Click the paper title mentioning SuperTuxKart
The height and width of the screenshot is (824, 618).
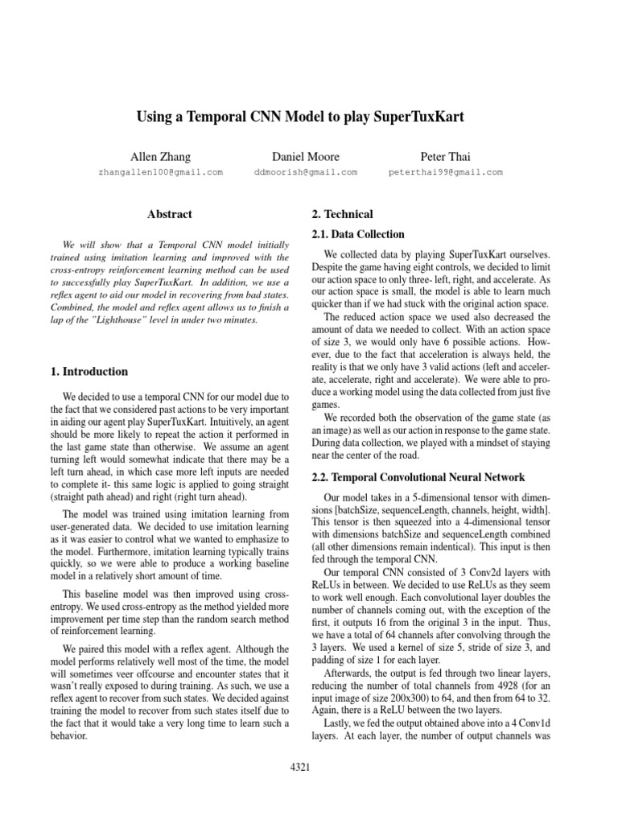pyautogui.click(x=309, y=117)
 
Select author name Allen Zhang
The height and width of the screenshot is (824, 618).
pyautogui.click(x=160, y=156)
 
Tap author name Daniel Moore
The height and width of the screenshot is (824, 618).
pyautogui.click(x=306, y=156)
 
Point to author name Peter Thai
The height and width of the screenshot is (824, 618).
pyautogui.click(x=445, y=156)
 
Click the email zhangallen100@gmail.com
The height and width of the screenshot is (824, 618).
pyautogui.click(x=160, y=172)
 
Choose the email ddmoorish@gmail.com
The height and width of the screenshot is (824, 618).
pyautogui.click(x=306, y=172)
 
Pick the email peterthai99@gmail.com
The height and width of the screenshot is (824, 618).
pyautogui.click(x=445, y=172)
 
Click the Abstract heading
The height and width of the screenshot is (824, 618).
pyautogui.click(x=170, y=214)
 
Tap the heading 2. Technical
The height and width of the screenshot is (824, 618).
pyautogui.click(x=342, y=214)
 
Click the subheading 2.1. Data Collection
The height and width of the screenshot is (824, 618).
pyautogui.click(x=357, y=234)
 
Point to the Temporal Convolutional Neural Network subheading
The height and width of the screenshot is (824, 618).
pyautogui.click(x=418, y=477)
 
